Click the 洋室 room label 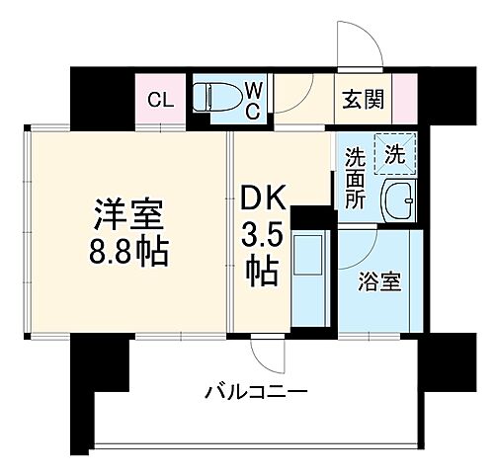128,213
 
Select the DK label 263,199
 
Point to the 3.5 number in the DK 263,236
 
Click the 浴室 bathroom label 379,280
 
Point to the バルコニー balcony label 256,392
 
